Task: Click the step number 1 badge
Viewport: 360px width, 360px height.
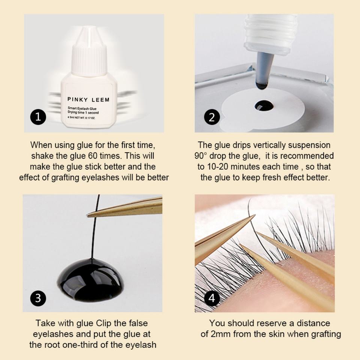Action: (38, 117)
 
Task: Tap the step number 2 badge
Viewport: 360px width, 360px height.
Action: (212, 117)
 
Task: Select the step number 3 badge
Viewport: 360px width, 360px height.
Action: (38, 298)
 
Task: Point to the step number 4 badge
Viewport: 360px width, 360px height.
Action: (212, 298)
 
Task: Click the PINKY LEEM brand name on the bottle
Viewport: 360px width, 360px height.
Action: (88, 100)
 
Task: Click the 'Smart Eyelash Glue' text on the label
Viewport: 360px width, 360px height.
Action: (82, 108)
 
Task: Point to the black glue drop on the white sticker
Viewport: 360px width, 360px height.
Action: (264, 106)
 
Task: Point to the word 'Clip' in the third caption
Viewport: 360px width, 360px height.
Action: (104, 324)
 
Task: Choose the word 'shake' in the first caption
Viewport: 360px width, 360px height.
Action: (41, 156)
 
